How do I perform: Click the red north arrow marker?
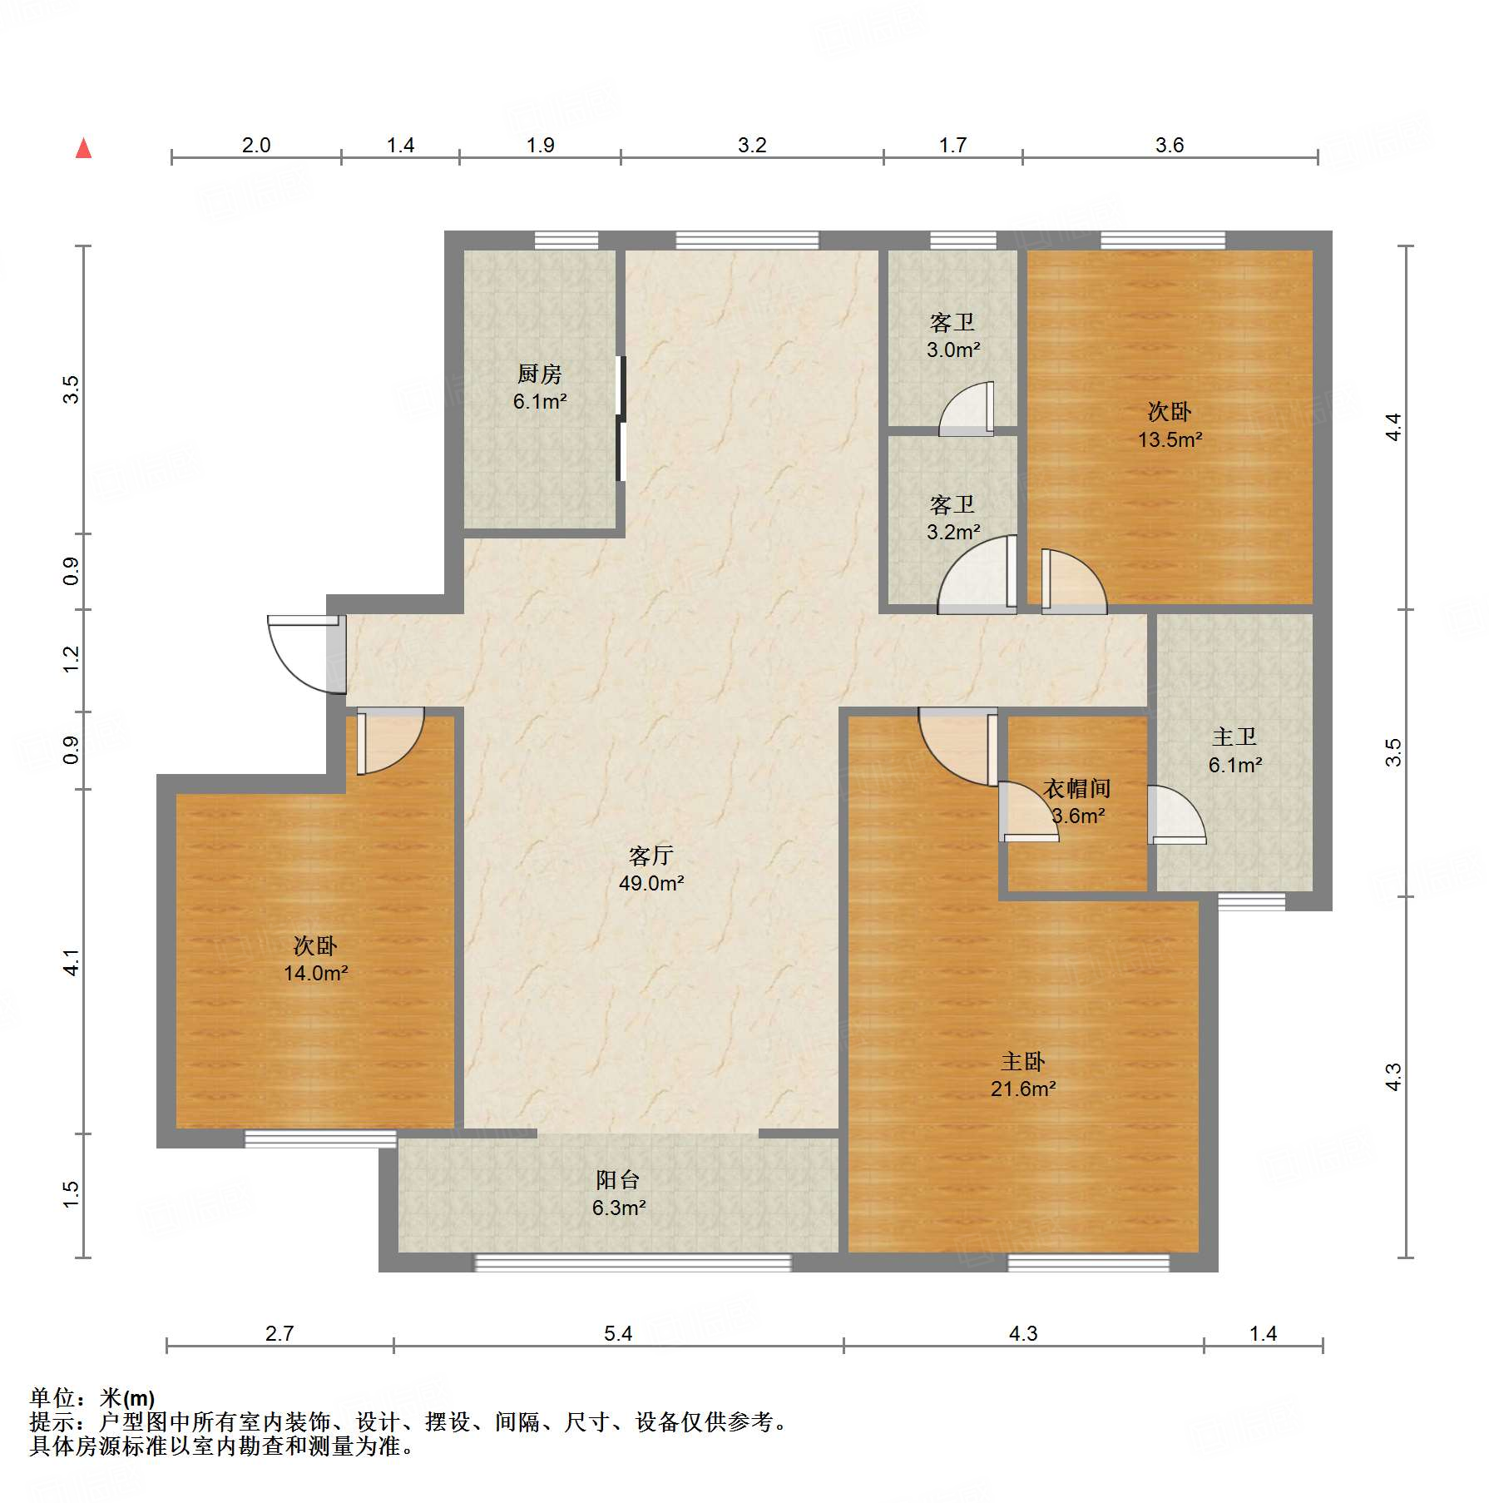coord(83,148)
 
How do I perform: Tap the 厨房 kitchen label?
coord(539,375)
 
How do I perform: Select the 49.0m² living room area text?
coord(651,883)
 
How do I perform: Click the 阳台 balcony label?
coord(618,1179)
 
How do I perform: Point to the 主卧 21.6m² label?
coord(1023,1074)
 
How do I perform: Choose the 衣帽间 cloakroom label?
coord(1077,788)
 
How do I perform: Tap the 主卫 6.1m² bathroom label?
coord(1235,751)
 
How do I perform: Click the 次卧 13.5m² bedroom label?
coord(1170,425)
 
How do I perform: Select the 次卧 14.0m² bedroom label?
coord(315,959)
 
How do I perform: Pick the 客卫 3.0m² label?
coord(953,335)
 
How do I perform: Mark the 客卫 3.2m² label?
coord(953,518)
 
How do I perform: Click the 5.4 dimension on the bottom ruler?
coord(618,1334)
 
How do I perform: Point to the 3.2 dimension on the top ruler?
coord(752,146)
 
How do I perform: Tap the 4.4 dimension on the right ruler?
coord(1393,427)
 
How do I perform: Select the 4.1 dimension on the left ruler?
coord(72,962)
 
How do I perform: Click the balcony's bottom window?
coord(632,1262)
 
